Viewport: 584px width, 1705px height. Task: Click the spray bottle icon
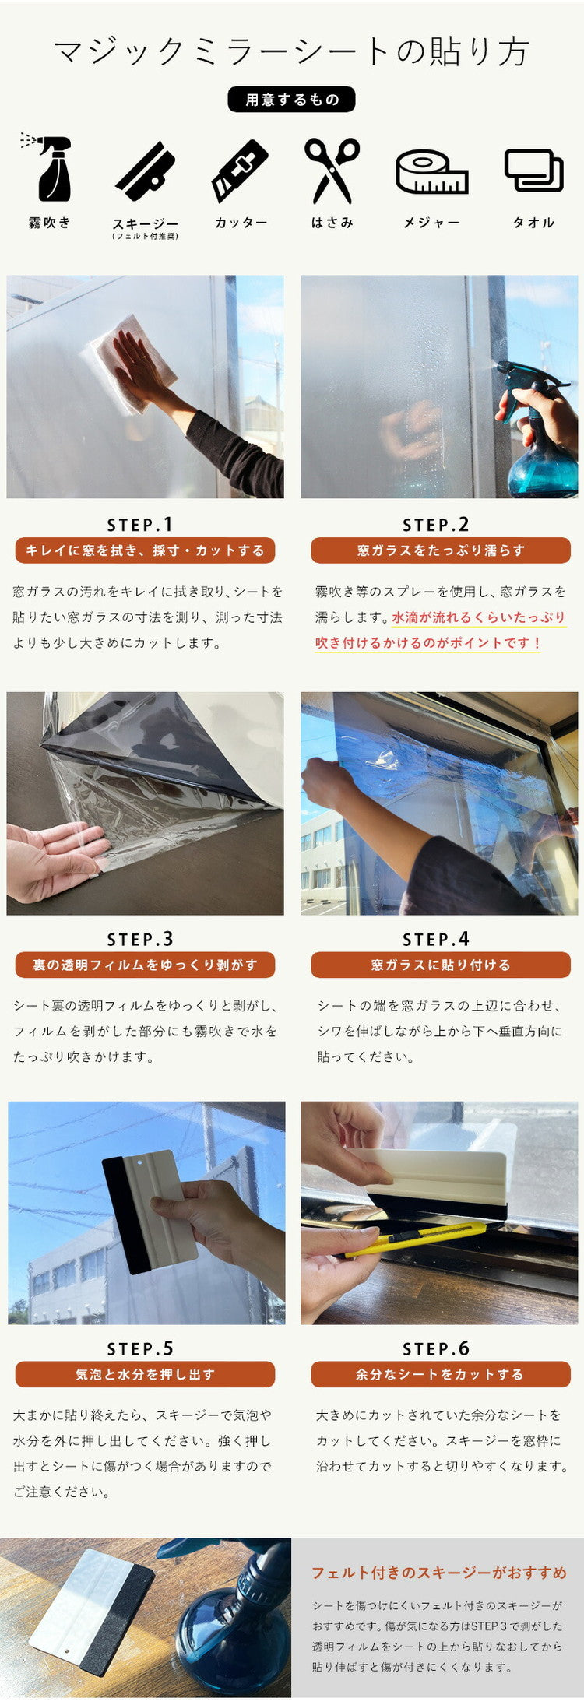[51, 169]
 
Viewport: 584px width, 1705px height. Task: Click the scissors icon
[332, 170]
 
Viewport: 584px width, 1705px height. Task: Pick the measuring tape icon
[431, 172]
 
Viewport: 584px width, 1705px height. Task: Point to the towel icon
[533, 170]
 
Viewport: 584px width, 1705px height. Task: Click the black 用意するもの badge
[291, 100]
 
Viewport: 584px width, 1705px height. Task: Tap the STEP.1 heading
[140, 525]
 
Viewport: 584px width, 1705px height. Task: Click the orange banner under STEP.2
[440, 550]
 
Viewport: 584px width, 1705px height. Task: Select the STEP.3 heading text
[140, 939]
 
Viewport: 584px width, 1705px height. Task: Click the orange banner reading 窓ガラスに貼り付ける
[440, 965]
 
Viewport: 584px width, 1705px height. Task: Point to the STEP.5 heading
[140, 1348]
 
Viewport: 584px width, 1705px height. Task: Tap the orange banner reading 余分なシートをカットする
[440, 1374]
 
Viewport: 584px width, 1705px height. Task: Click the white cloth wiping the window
[128, 362]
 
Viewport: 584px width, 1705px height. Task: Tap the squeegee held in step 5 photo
[148, 1211]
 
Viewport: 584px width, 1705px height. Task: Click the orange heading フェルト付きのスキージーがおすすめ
[439, 1573]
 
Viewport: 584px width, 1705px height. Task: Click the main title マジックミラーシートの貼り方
[291, 51]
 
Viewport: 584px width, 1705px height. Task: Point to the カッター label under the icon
[241, 223]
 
